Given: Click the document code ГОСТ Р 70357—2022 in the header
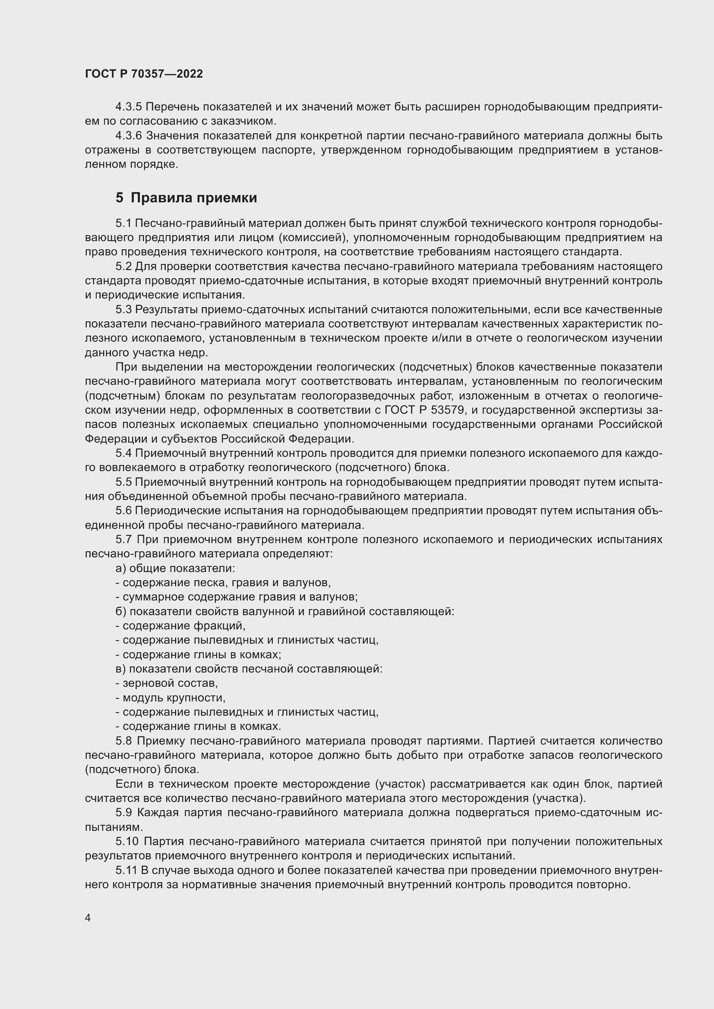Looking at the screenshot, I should click(x=144, y=74).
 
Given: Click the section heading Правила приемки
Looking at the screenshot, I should click(x=193, y=198).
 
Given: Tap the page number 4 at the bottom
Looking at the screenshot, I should click(x=88, y=918).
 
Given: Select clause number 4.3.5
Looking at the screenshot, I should click(x=129, y=107).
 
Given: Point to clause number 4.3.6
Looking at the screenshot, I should click(x=129, y=136).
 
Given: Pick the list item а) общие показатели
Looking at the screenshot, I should click(x=175, y=568).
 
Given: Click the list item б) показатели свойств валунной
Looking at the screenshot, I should click(x=284, y=611).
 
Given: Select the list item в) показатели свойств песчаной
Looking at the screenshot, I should click(x=249, y=669).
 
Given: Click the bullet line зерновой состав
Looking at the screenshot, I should click(x=167, y=683).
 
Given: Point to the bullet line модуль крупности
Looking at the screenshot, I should click(x=170, y=698).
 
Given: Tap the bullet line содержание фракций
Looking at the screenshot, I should click(x=180, y=626).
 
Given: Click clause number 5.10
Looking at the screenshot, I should click(x=127, y=842).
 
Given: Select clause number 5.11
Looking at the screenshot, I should click(x=126, y=870).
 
